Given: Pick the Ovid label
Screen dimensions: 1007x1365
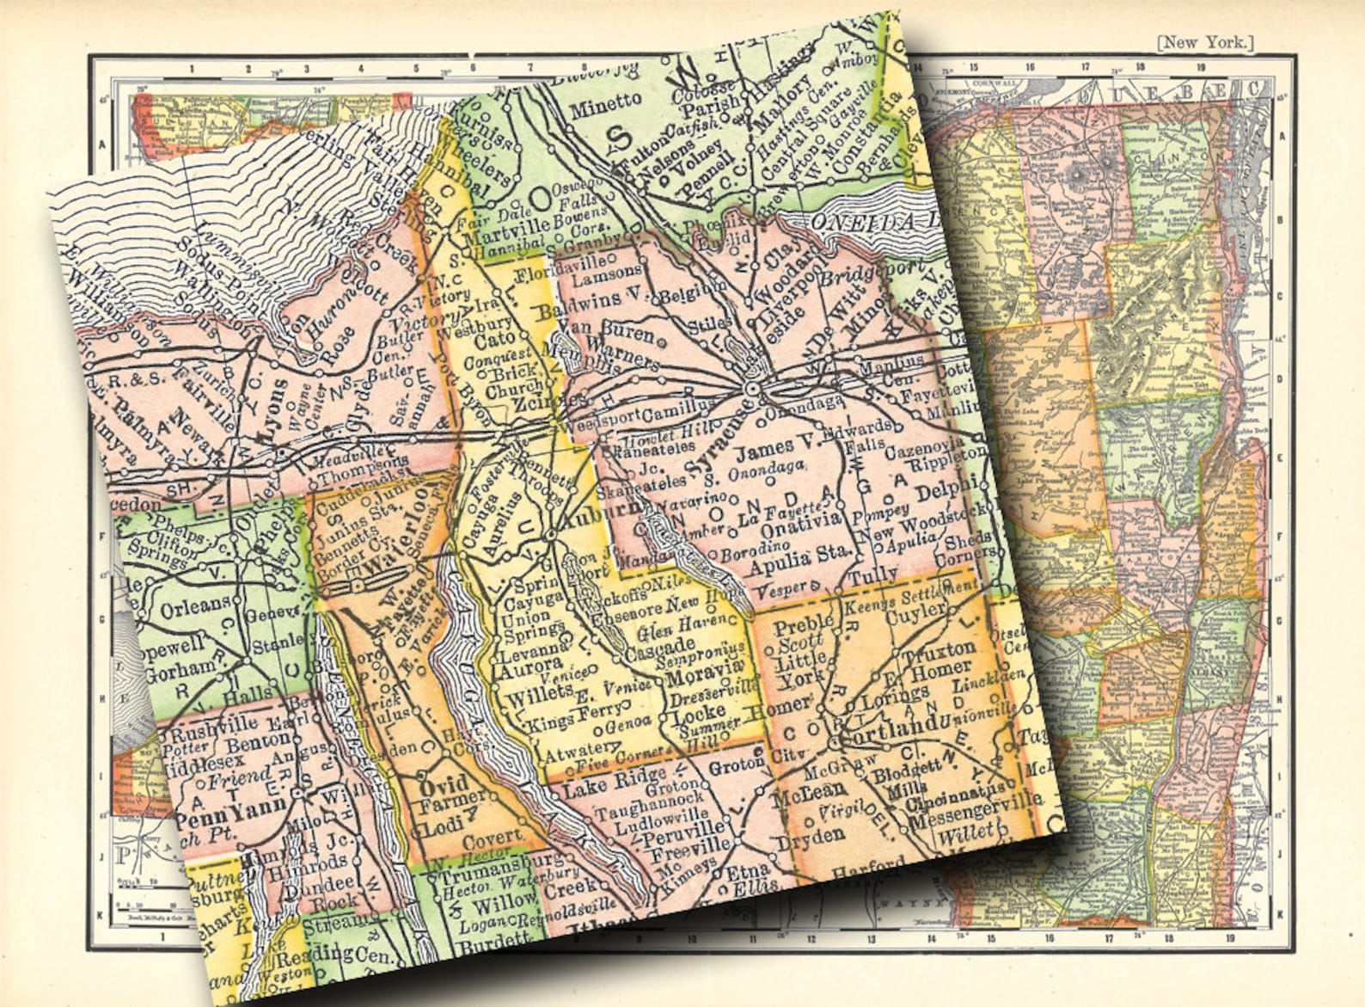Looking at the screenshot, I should (x=443, y=784).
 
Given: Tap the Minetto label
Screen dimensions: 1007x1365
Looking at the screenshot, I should (x=604, y=101).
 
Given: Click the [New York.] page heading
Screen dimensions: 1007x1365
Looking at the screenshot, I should (x=1205, y=41).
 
